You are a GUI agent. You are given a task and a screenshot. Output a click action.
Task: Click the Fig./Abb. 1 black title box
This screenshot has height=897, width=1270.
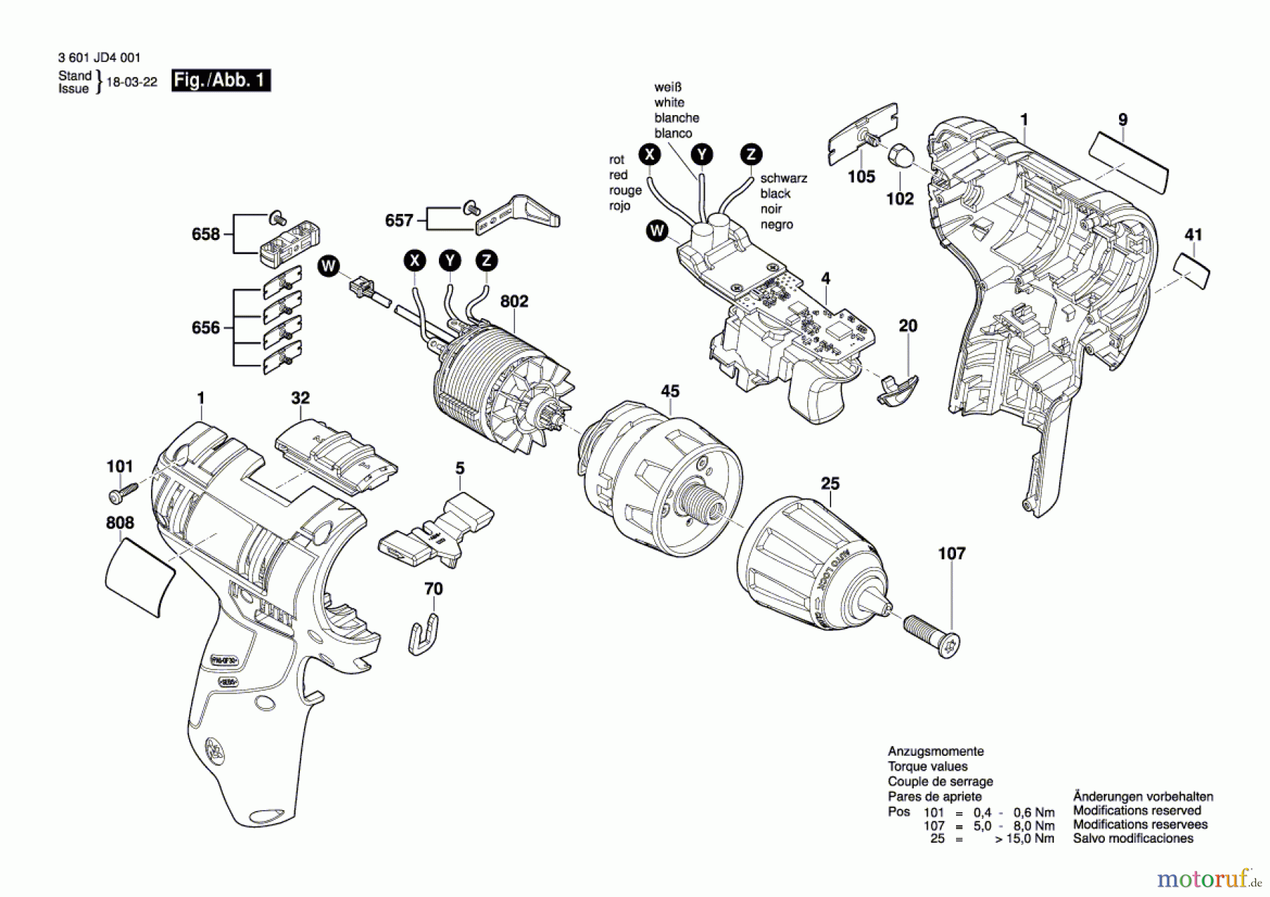pyautogui.click(x=221, y=80)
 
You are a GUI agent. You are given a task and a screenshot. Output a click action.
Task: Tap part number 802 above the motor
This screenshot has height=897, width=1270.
pyautogui.click(x=514, y=301)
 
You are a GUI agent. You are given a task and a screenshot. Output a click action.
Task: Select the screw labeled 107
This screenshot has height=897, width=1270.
pyautogui.click(x=932, y=636)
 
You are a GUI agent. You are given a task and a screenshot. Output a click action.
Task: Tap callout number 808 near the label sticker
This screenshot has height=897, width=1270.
pyautogui.click(x=119, y=523)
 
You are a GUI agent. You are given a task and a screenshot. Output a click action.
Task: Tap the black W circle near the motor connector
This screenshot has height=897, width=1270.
pyautogui.click(x=328, y=266)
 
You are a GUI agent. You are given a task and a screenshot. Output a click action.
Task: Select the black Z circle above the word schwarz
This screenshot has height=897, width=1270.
pyautogui.click(x=751, y=154)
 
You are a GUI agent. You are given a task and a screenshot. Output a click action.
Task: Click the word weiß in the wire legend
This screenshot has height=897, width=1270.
pyautogui.click(x=667, y=88)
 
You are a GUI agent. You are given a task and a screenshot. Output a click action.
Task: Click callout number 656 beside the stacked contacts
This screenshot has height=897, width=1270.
pyautogui.click(x=205, y=327)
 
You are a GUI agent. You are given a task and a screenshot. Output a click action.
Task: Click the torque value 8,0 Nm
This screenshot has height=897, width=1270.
pyautogui.click(x=1034, y=826)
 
